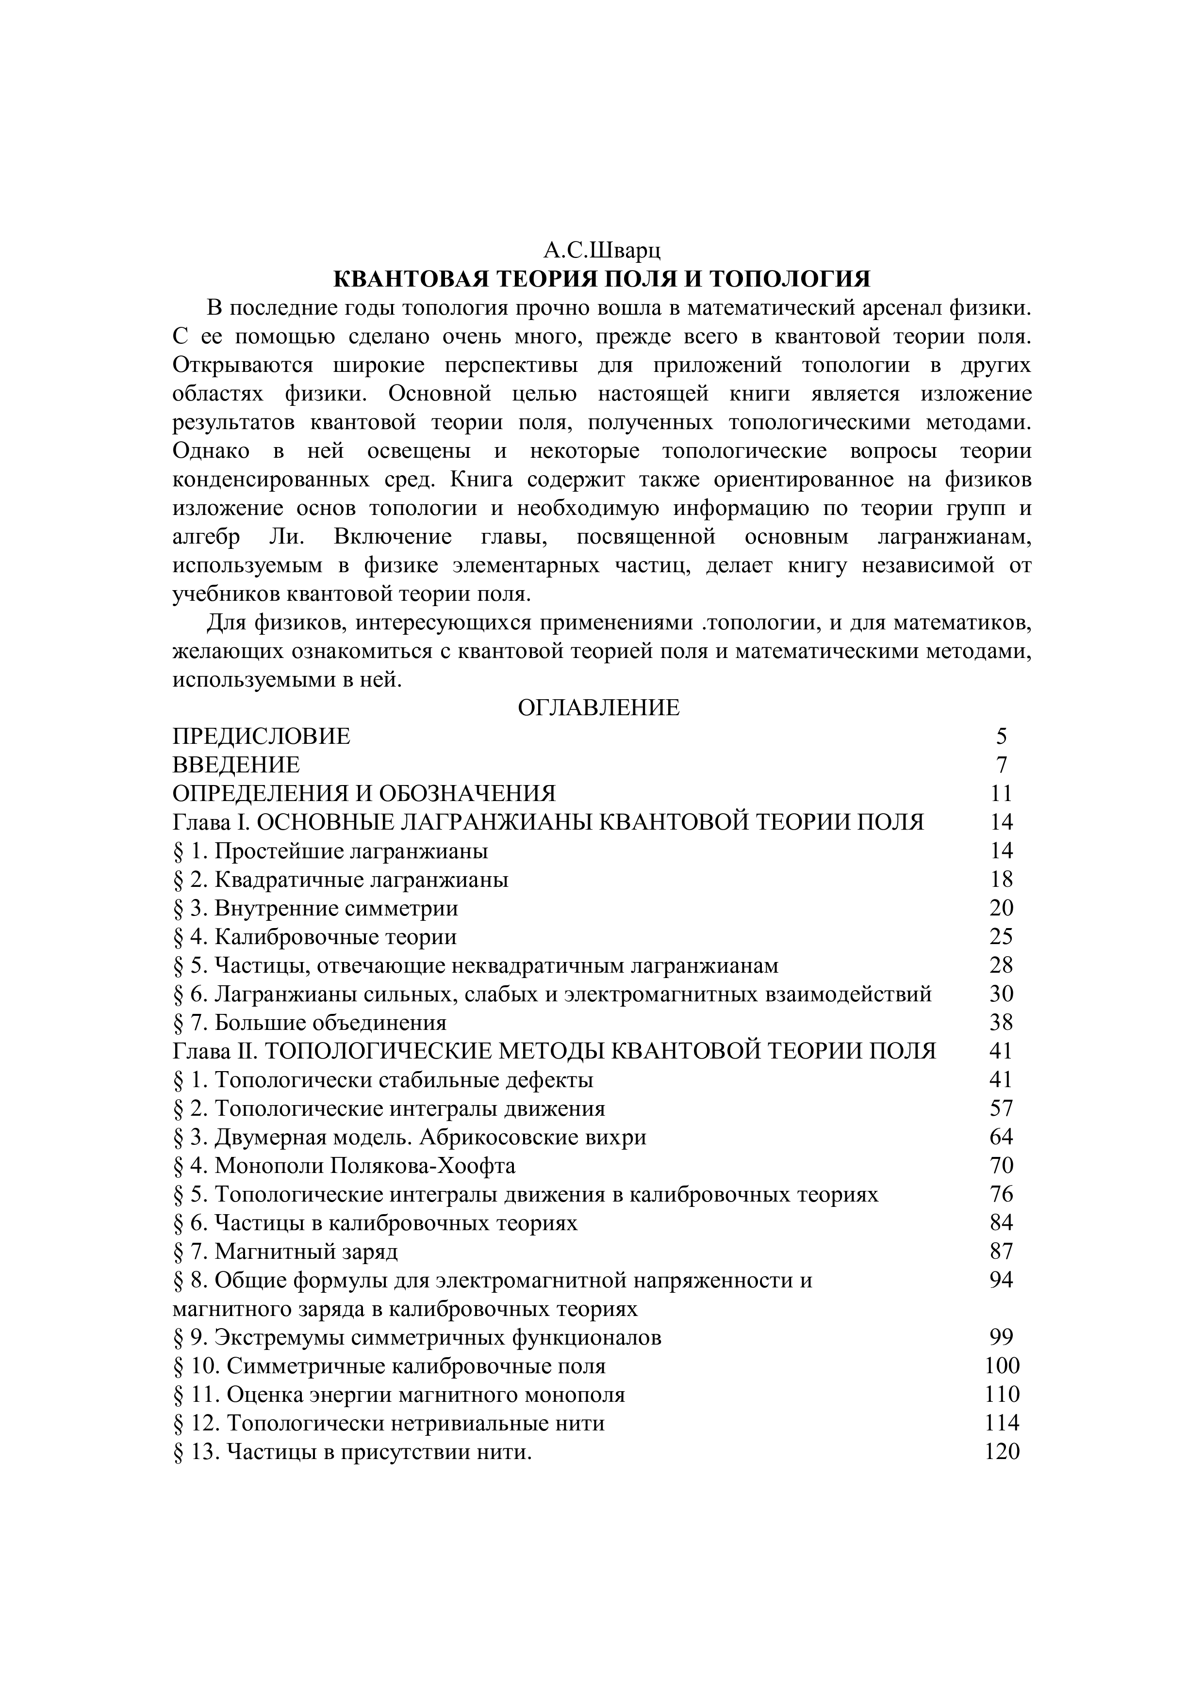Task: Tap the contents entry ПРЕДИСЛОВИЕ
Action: click(x=261, y=737)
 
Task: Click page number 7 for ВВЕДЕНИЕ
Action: click(x=1002, y=765)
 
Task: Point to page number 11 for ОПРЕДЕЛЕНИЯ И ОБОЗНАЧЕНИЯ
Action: click(x=1001, y=793)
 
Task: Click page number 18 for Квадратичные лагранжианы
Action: click(x=1001, y=880)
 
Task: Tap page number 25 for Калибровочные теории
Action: click(x=1001, y=937)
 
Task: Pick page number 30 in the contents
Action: click(x=1001, y=994)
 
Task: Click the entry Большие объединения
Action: click(x=330, y=1023)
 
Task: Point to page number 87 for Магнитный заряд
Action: click(x=1001, y=1252)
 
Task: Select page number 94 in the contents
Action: click(x=1001, y=1280)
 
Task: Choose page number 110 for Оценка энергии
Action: click(x=1002, y=1395)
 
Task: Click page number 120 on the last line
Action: click(x=1002, y=1452)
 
